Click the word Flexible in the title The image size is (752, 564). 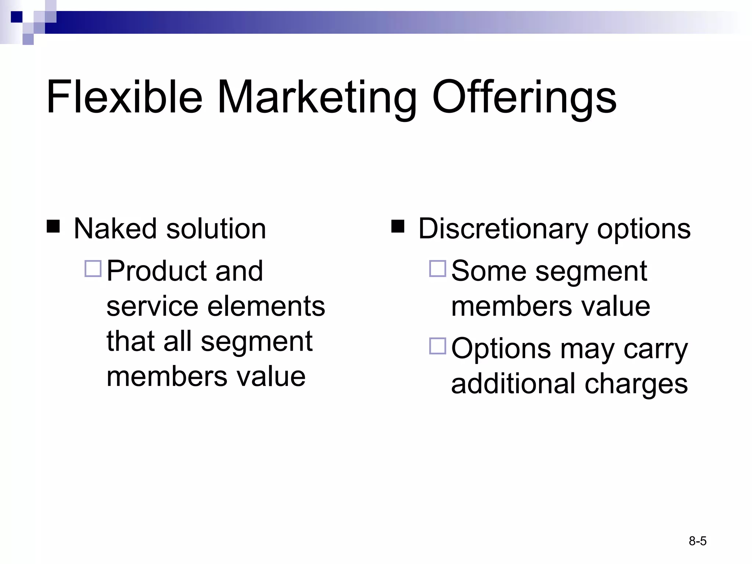[124, 97]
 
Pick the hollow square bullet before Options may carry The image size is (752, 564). [437, 346]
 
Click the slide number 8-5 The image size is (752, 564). [698, 541]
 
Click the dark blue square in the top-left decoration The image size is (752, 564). [17, 17]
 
